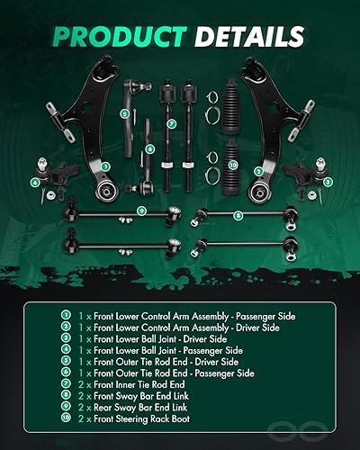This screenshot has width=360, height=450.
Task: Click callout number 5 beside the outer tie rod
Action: click(126, 113)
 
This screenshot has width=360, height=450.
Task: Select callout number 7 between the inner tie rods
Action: click(171, 122)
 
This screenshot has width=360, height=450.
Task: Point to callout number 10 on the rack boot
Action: click(232, 165)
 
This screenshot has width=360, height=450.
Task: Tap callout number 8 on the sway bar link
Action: click(238, 215)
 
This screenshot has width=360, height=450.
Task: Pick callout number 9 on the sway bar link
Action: click(141, 211)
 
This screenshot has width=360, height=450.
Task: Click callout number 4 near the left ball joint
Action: click(35, 182)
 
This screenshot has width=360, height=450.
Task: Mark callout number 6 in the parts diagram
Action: click(149, 148)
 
